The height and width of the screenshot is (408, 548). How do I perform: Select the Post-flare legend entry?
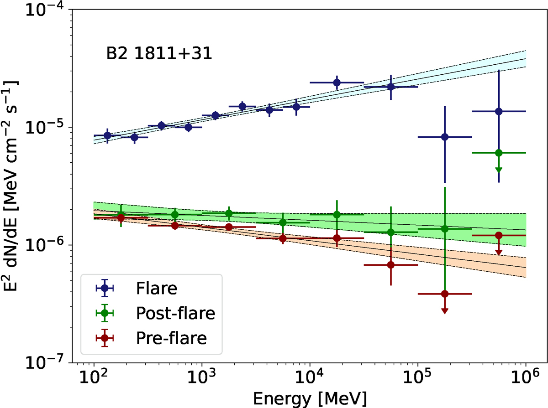pos(175,313)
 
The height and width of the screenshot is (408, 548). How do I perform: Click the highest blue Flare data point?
pos(337,83)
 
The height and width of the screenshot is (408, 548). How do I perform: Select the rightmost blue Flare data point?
pos(499,111)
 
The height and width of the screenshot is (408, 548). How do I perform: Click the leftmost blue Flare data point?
pos(107,135)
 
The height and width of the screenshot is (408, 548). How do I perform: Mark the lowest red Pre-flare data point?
pos(445,294)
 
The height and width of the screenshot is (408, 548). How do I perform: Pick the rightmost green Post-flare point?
pos(499,153)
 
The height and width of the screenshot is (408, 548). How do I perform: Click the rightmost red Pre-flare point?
pos(499,235)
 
